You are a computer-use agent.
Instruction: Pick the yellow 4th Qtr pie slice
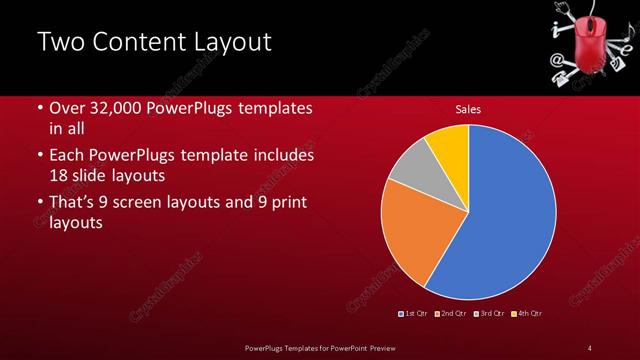coord(449,145)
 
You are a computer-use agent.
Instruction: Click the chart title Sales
coord(468,108)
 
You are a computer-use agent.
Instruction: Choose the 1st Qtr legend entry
coord(414,314)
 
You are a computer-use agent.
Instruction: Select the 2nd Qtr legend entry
coord(451,314)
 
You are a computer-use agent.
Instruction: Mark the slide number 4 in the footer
coord(589,347)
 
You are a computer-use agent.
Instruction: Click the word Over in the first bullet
coord(67,108)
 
